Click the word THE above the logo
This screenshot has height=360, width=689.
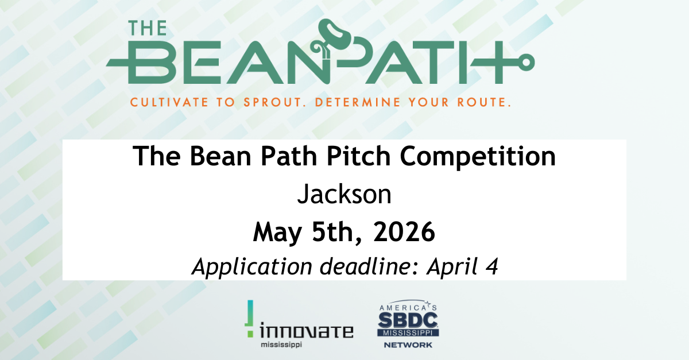click(x=148, y=28)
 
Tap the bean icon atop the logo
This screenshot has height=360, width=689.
click(x=334, y=34)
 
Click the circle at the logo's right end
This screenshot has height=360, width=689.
click(x=526, y=62)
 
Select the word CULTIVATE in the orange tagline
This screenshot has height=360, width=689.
click(x=169, y=102)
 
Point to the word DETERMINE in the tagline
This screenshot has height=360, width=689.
click(x=358, y=102)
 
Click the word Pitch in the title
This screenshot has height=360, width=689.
click(x=358, y=156)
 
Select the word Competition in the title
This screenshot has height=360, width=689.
click(x=478, y=157)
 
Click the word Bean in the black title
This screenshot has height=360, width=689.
click(x=220, y=156)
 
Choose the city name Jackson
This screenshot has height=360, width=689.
click(x=344, y=194)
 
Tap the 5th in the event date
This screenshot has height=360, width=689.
click(x=335, y=232)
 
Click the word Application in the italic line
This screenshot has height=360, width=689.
click(x=252, y=266)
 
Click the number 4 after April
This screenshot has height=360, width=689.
click(x=491, y=266)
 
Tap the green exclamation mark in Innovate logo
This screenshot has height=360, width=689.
click(x=250, y=318)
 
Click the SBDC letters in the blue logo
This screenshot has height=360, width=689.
click(x=408, y=320)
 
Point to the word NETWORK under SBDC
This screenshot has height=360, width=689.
click(x=408, y=345)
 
